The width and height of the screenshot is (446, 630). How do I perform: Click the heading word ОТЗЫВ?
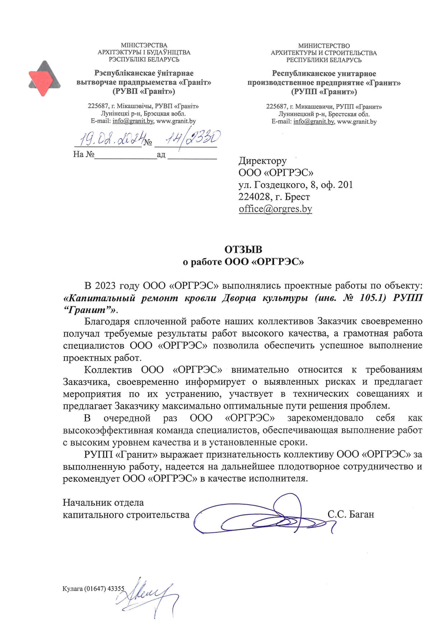243,250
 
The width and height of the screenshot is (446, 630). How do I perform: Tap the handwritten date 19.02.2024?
109,139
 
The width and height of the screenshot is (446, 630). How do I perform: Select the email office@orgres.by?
275,209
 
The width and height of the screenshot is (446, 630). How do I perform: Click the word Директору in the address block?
263,161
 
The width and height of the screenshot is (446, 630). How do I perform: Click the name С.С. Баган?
351,514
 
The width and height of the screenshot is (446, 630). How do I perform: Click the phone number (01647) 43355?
105,589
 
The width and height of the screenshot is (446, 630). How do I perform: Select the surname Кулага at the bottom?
73,589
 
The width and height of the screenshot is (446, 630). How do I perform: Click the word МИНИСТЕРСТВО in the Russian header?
324,46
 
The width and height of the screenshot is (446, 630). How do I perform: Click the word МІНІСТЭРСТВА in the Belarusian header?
144,45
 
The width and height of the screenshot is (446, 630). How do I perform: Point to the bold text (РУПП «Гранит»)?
324,92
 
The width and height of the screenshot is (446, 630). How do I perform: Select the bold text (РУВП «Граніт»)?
144,91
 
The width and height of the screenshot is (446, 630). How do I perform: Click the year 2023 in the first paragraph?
105,286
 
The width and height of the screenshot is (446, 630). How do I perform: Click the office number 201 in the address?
345,185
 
